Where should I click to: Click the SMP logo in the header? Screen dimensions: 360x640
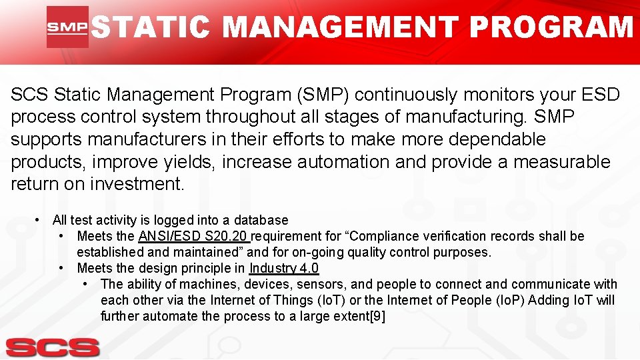pos(67,27)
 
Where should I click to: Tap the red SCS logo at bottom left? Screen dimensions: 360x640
pos(53,347)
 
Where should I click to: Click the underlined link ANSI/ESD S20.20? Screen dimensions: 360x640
pos(193,236)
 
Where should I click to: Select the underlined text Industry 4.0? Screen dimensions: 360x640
pos(284,268)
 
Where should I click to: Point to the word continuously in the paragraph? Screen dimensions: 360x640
pos(414,95)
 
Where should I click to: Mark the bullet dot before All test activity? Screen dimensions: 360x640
pos(39,220)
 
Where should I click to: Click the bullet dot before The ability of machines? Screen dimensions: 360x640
pos(87,284)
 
